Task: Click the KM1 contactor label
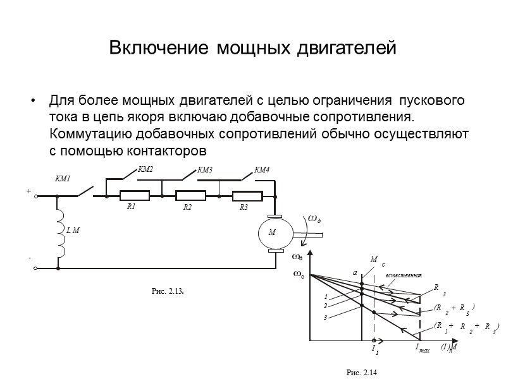pos(63,179)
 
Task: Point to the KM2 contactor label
pos(146,169)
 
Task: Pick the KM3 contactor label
pos(204,169)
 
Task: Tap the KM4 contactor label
pos(261,169)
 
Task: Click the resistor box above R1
pos(134,196)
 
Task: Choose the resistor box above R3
pos(246,196)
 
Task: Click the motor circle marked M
pos(274,233)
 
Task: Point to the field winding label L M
pos(73,231)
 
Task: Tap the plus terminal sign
pos(28,189)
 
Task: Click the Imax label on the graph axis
pos(422,348)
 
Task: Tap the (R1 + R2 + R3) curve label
pos(467,327)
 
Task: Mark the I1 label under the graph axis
pos(374,349)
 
